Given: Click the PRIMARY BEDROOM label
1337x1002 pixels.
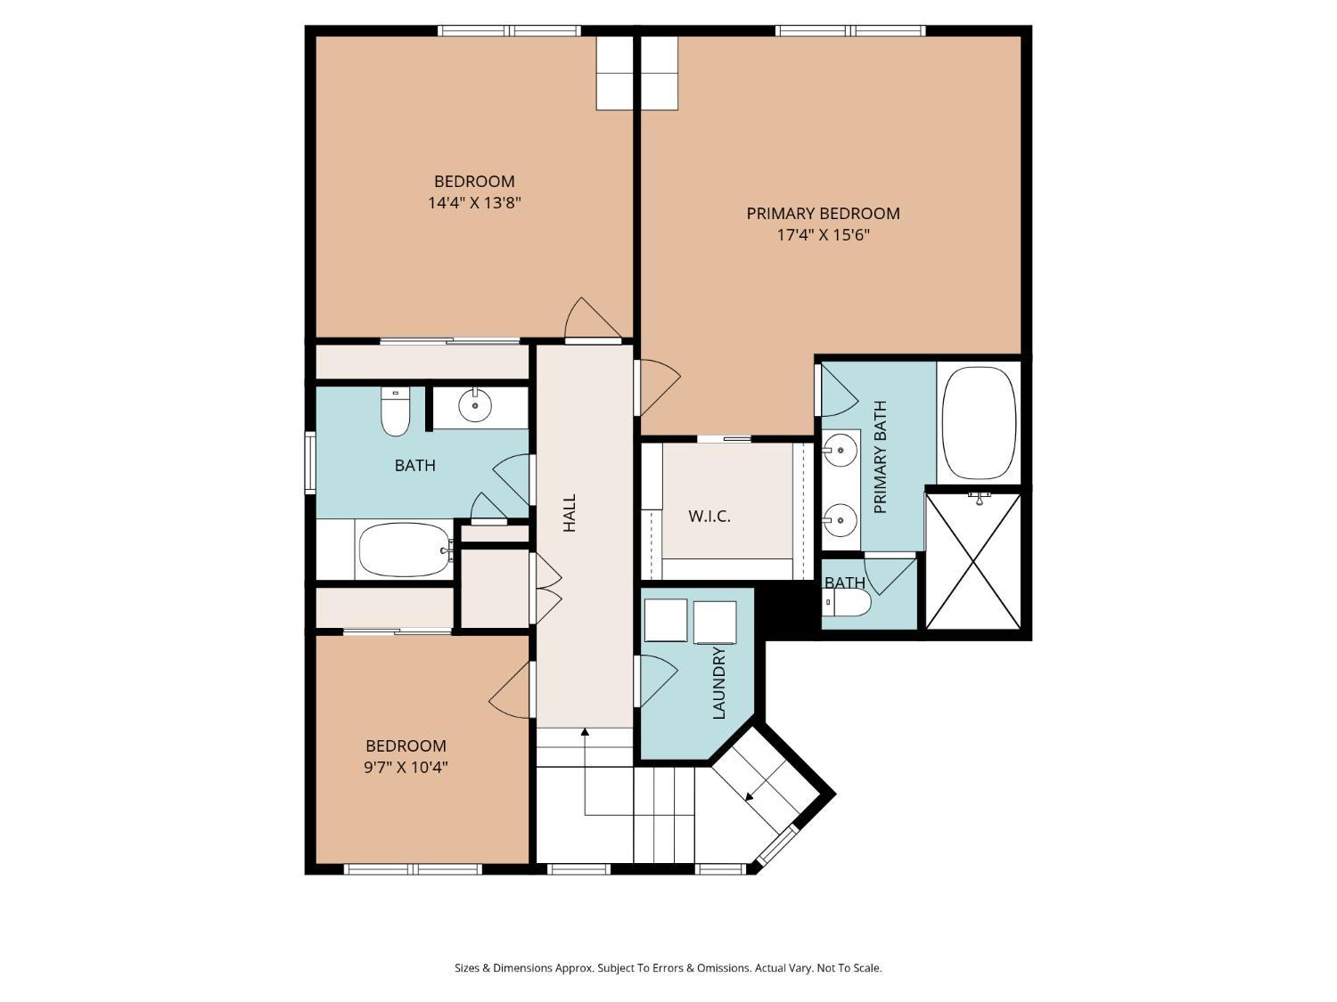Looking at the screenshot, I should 823,213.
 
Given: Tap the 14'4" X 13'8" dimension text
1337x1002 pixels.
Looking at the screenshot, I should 474,203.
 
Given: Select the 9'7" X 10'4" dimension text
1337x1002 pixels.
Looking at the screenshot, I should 406,767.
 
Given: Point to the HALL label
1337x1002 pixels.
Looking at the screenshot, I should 570,513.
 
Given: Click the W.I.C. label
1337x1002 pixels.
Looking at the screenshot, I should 710,516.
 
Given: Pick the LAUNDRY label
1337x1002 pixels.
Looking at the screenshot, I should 719,682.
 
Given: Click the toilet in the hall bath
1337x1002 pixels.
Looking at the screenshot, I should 395,412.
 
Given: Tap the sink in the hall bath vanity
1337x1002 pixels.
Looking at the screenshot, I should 474,406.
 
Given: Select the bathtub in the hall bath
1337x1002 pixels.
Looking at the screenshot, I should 405,550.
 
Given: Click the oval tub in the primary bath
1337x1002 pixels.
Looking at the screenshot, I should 979,422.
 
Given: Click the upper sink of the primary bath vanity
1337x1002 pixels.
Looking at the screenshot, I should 840,450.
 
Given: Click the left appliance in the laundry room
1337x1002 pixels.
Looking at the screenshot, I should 665,621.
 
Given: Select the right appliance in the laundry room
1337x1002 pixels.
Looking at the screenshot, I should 715,621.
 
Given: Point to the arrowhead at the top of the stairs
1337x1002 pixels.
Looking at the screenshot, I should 585,732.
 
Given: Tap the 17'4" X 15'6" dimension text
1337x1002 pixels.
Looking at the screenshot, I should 823,235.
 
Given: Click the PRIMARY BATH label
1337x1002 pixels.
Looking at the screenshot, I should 881,457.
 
